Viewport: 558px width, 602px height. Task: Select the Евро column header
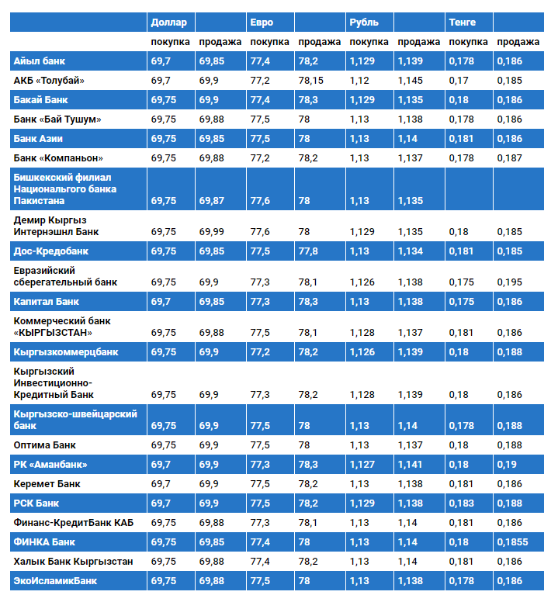click(x=262, y=22)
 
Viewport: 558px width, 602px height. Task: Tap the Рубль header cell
click(x=364, y=22)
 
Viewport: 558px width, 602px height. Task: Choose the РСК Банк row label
click(x=36, y=503)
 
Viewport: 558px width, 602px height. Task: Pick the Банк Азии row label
click(x=39, y=138)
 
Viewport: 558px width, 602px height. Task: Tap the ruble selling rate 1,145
click(x=411, y=80)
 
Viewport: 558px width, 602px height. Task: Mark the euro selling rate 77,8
click(x=308, y=251)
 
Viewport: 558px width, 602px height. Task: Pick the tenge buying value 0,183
click(x=461, y=503)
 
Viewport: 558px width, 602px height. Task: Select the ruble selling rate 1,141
click(x=411, y=465)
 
